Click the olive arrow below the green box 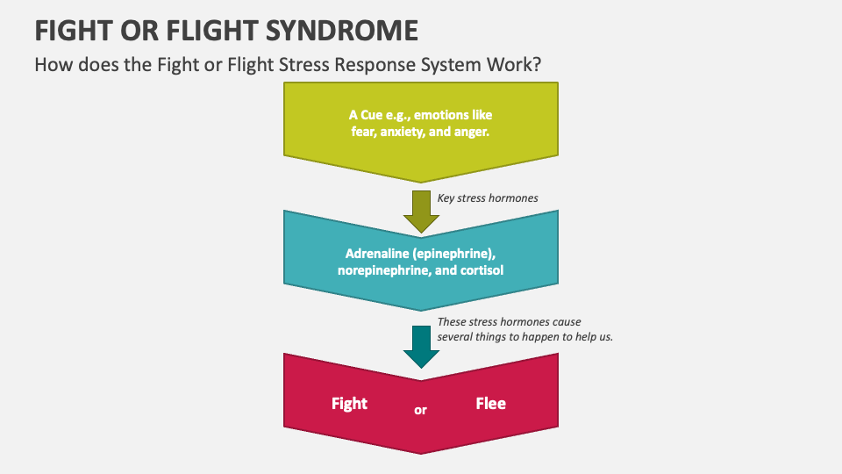coord(421,210)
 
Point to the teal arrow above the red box coord(421,346)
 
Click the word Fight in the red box coord(349,404)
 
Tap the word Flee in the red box coord(490,404)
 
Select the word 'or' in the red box coord(420,410)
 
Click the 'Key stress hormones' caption coord(488,198)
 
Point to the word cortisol coord(480,270)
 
